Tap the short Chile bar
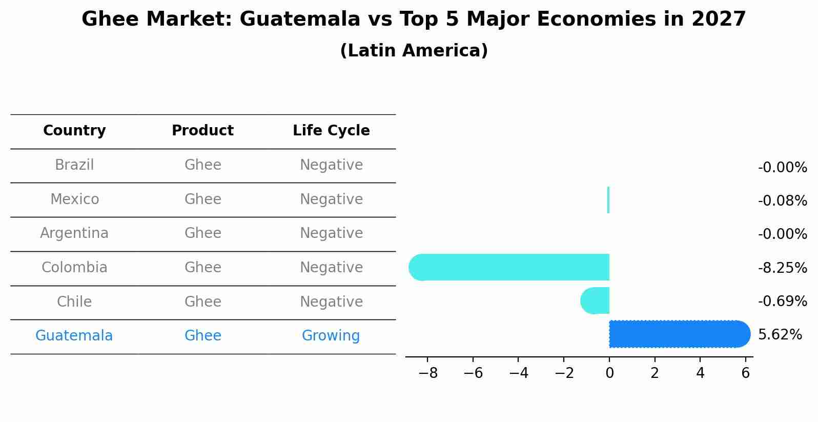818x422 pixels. [596, 301]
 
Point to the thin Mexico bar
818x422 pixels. [608, 200]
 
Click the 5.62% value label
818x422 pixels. [780, 335]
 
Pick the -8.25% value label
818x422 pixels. [782, 268]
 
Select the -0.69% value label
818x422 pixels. [782, 301]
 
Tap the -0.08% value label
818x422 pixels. [782, 200]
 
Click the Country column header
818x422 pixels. [74, 131]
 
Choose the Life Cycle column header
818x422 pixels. [331, 131]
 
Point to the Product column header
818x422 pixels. [202, 131]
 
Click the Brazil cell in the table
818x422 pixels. [74, 165]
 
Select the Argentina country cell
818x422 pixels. [74, 233]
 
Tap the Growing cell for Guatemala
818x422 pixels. [331, 336]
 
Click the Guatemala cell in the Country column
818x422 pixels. [74, 336]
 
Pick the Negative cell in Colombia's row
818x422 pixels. [331, 268]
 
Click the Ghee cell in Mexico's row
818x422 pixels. [202, 199]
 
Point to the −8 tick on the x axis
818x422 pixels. [428, 373]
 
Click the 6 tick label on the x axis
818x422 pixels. [746, 373]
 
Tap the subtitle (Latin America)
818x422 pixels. [414, 51]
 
